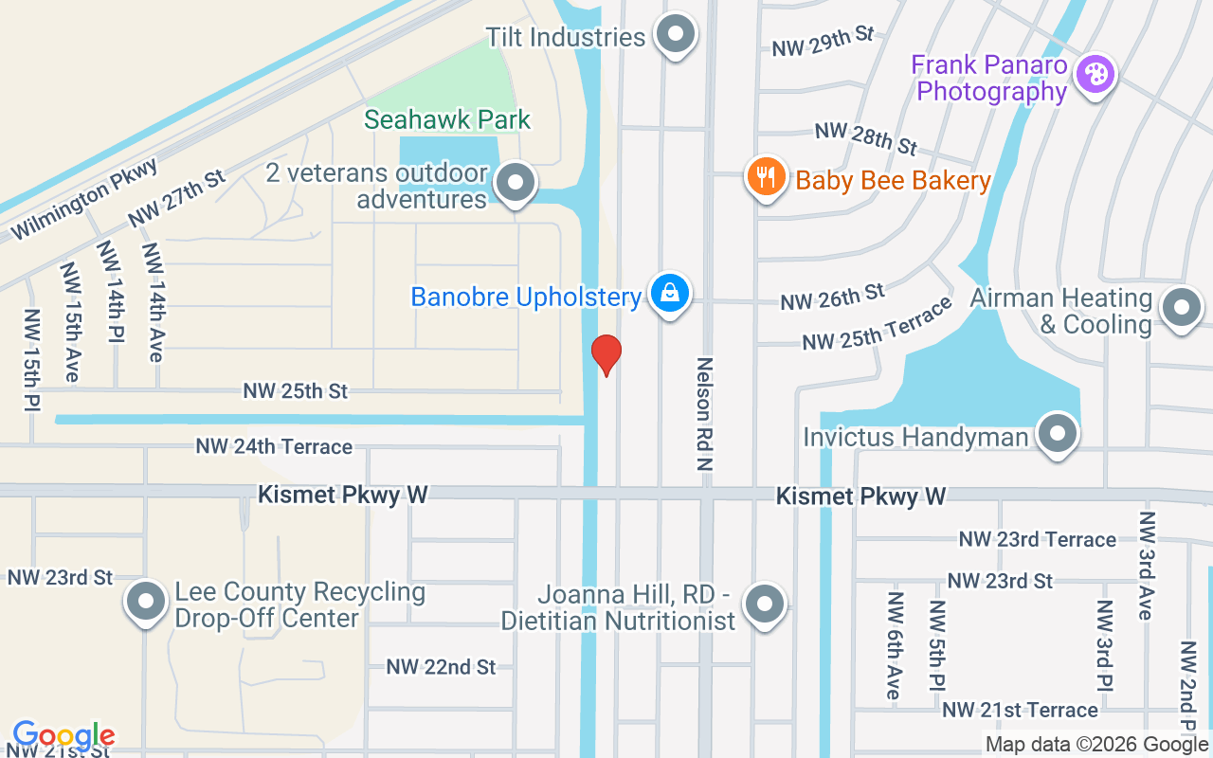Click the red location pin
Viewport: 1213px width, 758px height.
[x=606, y=354]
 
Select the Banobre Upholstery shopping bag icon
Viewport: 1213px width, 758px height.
[x=670, y=293]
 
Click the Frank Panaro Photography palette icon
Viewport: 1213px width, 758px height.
[x=1095, y=74]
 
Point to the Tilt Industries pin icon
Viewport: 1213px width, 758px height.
[x=676, y=34]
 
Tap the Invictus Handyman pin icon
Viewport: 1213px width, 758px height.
[x=1058, y=434]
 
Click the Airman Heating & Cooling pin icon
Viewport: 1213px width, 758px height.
[x=1181, y=307]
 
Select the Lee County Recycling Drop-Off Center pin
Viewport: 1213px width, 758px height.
[x=147, y=602]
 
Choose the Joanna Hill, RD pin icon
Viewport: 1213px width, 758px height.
[x=765, y=604]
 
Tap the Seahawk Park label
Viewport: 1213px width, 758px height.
[x=447, y=120]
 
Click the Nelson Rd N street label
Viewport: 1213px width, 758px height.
[x=704, y=414]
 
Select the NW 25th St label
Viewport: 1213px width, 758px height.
[x=296, y=390]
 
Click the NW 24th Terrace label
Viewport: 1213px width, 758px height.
[x=274, y=446]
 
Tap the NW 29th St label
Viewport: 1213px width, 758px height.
[x=823, y=41]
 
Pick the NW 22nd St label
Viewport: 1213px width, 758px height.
[x=441, y=667]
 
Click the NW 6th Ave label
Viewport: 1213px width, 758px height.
[x=893, y=646]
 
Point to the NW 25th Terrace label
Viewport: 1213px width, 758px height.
[x=877, y=324]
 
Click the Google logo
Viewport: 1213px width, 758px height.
[x=63, y=735]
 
